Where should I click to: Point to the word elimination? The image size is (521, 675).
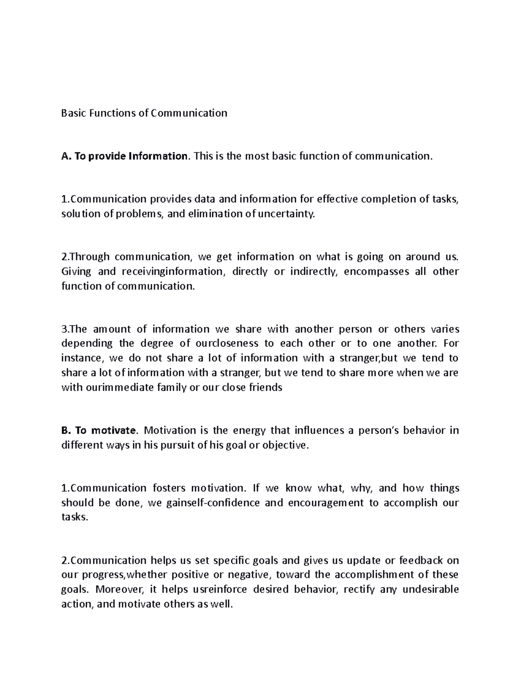tap(208, 214)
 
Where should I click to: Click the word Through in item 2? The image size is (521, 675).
tap(89, 257)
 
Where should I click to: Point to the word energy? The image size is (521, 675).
tap(249, 431)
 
